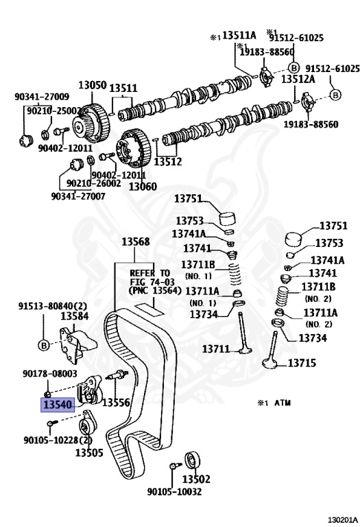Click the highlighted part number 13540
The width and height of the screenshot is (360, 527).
(x=58, y=404)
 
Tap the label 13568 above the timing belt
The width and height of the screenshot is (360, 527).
(x=135, y=242)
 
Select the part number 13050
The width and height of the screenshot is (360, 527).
(x=93, y=84)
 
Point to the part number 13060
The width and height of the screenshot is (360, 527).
(x=143, y=186)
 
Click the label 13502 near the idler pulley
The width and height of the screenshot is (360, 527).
(x=196, y=478)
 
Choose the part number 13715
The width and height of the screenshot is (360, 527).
(x=302, y=362)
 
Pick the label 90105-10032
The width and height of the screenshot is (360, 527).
(x=174, y=492)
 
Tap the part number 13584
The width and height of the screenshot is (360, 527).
(x=74, y=316)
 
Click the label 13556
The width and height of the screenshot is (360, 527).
(x=116, y=402)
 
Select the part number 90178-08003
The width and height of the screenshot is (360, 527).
(x=49, y=373)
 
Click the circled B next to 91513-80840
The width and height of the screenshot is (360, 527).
(x=44, y=345)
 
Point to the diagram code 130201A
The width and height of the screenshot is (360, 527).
(x=343, y=520)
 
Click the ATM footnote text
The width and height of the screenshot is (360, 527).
(x=274, y=403)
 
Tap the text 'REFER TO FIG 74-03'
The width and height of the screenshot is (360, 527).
(x=152, y=277)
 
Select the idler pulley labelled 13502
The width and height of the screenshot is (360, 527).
(x=192, y=460)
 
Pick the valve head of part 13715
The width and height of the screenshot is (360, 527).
(x=271, y=363)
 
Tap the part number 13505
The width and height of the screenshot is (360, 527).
(x=89, y=452)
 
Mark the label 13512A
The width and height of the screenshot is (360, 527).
(x=298, y=79)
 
